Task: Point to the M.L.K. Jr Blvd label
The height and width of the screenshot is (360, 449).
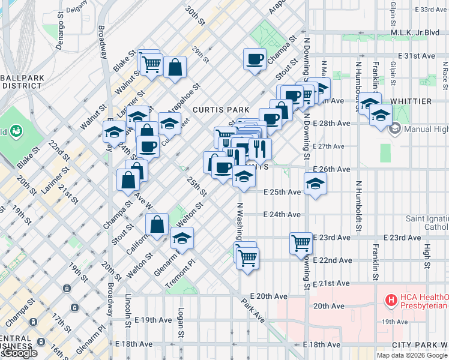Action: click(415, 32)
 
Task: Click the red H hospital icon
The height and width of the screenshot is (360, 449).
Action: click(391, 299)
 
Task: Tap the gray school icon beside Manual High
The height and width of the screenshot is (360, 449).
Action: click(396, 128)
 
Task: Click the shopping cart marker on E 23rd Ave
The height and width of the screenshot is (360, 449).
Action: click(301, 243)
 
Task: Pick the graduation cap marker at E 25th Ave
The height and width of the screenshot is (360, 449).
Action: click(315, 184)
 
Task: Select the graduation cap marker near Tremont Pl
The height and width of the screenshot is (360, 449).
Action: click(182, 238)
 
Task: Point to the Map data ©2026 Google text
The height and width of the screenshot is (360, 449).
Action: click(411, 355)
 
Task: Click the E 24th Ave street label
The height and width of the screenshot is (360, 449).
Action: click(282, 214)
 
